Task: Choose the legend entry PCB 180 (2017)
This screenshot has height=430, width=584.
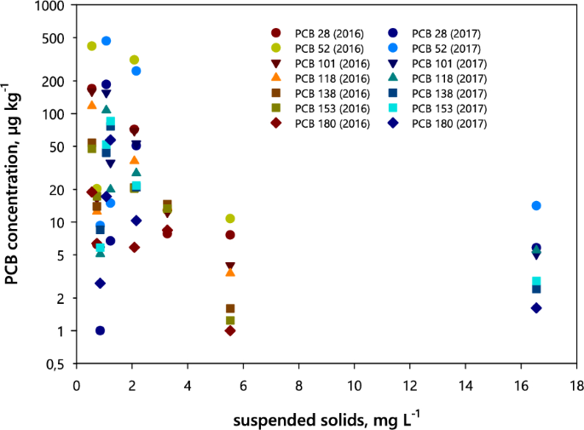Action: [x=449, y=123]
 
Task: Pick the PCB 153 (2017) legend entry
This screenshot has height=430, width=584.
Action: [x=449, y=108]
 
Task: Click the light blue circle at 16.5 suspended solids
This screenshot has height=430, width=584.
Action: [x=536, y=205]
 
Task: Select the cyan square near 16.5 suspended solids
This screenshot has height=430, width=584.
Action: [x=536, y=282]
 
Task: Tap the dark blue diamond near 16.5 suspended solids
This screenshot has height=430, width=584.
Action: [x=536, y=307]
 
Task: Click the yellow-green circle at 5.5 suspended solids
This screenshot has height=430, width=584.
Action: [x=230, y=219]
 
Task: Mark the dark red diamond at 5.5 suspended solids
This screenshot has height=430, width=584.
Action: [x=230, y=330]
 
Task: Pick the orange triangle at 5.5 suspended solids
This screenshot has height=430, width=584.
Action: [x=230, y=272]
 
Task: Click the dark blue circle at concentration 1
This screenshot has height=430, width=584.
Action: [x=101, y=330]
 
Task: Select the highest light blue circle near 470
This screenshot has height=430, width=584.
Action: [x=107, y=41]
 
